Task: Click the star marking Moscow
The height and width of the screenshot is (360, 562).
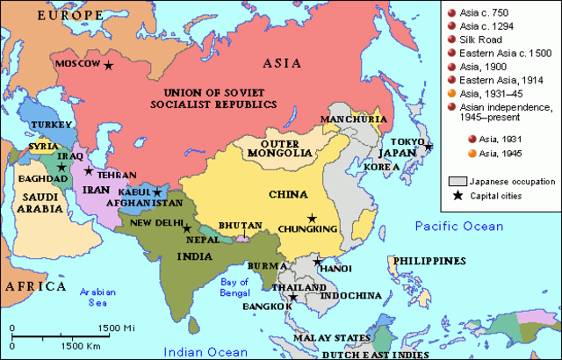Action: [x=109, y=65]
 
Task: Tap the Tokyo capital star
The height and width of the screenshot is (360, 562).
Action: [x=429, y=148]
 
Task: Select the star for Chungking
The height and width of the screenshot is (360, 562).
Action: [x=311, y=218]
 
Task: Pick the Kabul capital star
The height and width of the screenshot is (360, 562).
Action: [x=157, y=192]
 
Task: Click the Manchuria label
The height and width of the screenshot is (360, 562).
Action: [x=353, y=119]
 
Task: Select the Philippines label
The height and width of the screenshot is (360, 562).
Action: [x=429, y=261]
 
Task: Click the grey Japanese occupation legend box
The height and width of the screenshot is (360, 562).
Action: [x=454, y=181]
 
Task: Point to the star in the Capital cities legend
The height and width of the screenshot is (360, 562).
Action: [x=454, y=195]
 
